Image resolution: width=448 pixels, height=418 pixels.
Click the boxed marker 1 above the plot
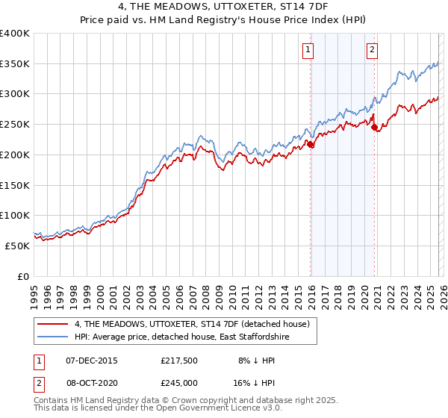[308, 51]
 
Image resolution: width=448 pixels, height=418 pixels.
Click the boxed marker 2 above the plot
[371, 51]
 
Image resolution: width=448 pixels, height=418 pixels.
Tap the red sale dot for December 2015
[311, 145]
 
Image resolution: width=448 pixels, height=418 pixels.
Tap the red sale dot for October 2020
[374, 128]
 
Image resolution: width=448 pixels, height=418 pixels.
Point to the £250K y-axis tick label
[15, 125]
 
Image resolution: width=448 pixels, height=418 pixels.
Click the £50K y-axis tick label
[17, 246]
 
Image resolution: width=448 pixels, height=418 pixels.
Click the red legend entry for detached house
[186, 324]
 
